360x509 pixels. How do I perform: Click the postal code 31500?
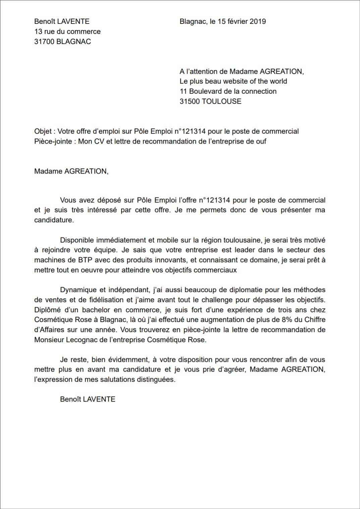[189, 101]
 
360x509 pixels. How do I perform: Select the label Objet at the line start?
[43, 131]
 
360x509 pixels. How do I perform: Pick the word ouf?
[260, 141]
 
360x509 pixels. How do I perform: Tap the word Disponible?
[76, 240]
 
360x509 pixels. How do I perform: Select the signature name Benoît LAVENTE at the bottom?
[88, 399]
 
